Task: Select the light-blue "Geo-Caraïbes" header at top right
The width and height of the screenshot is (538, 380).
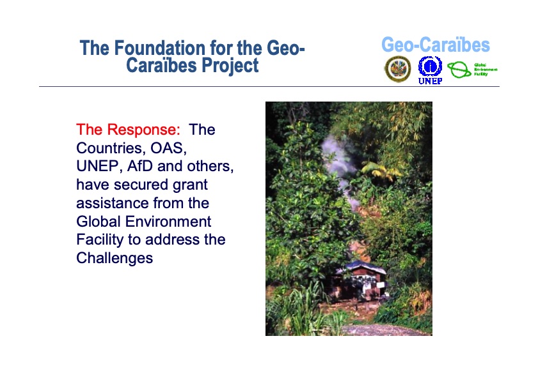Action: [435, 45]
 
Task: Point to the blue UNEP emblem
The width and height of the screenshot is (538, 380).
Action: [430, 66]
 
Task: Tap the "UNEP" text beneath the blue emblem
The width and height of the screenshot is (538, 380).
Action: [430, 81]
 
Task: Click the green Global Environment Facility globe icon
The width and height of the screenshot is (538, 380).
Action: [458, 70]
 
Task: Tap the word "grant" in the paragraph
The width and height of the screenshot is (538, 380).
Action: [189, 185]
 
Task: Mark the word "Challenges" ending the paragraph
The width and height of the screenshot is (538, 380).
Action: [115, 259]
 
